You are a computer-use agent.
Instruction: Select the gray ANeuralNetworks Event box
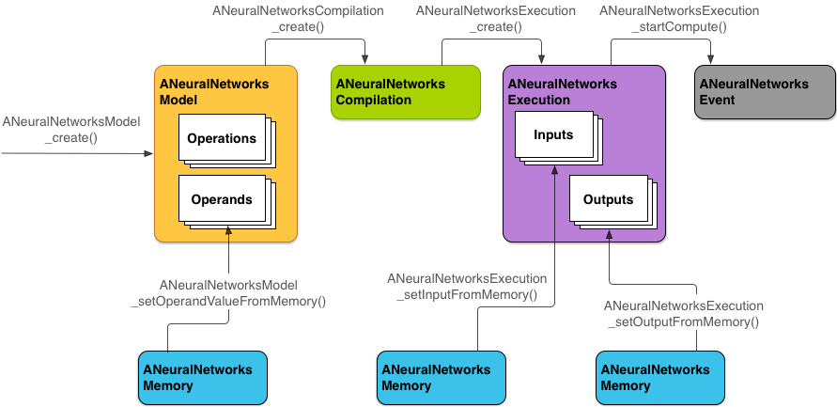[764, 92]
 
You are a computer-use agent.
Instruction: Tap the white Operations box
[222, 138]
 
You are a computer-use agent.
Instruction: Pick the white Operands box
[222, 199]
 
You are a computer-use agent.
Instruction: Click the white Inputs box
[553, 134]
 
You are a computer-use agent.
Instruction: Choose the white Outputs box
[608, 199]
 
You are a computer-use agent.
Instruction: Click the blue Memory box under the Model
[203, 378]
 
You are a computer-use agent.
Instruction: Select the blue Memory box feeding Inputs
[441, 378]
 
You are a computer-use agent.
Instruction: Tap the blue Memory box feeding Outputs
[660, 378]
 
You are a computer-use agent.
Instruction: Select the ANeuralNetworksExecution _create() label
[482, 19]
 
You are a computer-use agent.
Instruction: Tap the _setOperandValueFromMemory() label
[228, 292]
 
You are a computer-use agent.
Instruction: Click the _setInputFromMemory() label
[467, 287]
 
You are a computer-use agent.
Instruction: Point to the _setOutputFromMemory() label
[684, 314]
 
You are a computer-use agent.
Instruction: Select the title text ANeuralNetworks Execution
[562, 91]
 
